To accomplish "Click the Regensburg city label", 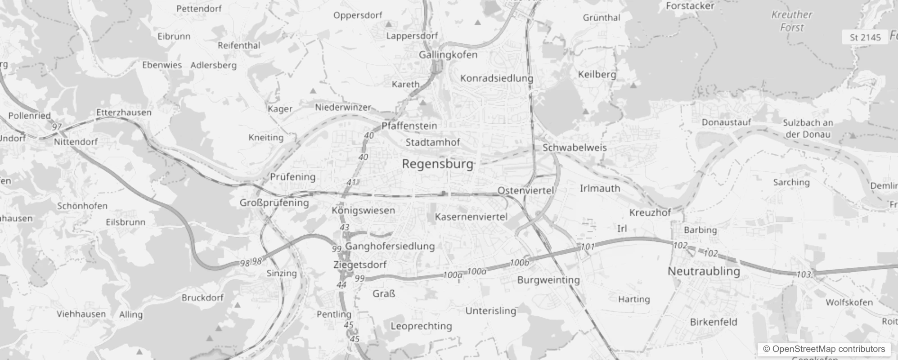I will point(438,164).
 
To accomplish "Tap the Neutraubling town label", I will point(704,271).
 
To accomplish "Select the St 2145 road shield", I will point(865,37).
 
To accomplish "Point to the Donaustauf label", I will point(726,122).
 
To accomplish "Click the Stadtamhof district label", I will point(432,143).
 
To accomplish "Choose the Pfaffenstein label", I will point(409,126).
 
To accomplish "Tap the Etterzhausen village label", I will point(124,112).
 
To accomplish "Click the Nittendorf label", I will point(76,142).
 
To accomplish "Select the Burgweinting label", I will point(548,280).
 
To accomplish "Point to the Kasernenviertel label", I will point(471,217).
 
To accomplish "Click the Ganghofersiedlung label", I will point(390,246).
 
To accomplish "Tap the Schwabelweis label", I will point(574,148).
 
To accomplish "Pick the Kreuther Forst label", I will point(792,21).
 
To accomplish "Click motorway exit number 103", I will point(804,274).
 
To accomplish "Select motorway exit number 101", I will point(588,247).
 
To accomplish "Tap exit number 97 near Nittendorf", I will point(56,127).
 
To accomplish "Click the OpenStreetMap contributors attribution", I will point(824,349).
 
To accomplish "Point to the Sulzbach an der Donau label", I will point(808,128).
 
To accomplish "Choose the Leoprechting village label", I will point(421,326).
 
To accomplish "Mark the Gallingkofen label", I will point(448,55).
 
